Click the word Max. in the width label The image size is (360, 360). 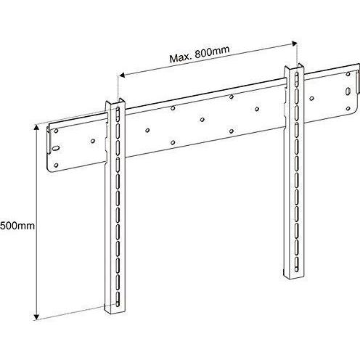[x=181, y=58]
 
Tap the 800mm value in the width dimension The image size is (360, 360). [x=212, y=52]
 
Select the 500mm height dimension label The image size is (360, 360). [x=17, y=226]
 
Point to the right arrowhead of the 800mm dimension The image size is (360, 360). [x=295, y=44]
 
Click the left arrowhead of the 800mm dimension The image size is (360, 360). [x=122, y=75]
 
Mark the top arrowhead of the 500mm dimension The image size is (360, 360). [x=36, y=128]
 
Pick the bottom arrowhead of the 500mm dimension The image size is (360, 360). [x=36, y=316]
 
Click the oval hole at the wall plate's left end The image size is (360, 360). [x=56, y=149]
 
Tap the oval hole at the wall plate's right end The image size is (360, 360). [x=348, y=91]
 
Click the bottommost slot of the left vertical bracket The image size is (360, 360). [x=118, y=299]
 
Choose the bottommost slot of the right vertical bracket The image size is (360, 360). [x=297, y=264]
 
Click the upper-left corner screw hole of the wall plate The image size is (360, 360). [x=56, y=131]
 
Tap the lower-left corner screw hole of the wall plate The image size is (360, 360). [x=56, y=165]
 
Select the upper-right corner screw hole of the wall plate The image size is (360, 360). [x=348, y=74]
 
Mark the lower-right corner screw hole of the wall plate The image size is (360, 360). [x=348, y=108]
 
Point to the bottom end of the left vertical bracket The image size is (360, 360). [x=115, y=311]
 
